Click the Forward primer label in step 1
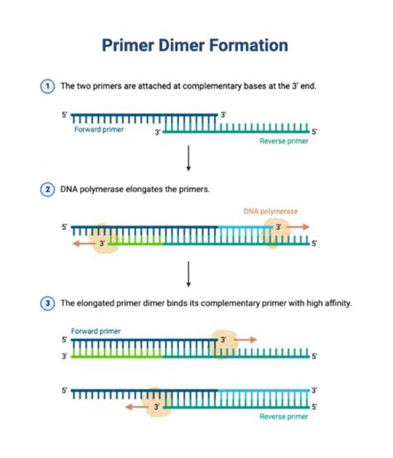pyautogui.click(x=99, y=130)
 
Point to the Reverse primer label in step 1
pyautogui.click(x=283, y=141)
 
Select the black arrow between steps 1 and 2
pyautogui.click(x=188, y=158)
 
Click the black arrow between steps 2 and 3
pyautogui.click(x=188, y=274)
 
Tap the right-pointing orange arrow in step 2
pyautogui.click(x=299, y=226)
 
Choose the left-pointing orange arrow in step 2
pyautogui.click(x=82, y=244)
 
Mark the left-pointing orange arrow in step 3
pyautogui.click(x=134, y=407)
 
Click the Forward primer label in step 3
pyautogui.click(x=96, y=331)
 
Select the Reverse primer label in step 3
pyautogui.click(x=283, y=417)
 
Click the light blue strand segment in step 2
pyautogui.click(x=240, y=227)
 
